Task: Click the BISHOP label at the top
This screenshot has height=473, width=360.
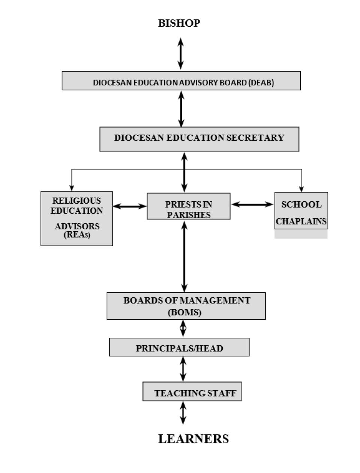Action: click(x=179, y=23)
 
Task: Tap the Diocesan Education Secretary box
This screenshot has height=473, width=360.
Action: click(x=199, y=139)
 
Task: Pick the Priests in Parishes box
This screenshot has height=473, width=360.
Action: click(x=188, y=207)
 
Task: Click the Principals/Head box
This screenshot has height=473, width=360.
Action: click(x=179, y=347)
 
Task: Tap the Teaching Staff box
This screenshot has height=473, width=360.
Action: click(x=192, y=392)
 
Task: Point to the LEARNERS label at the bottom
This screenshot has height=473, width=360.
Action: click(x=193, y=439)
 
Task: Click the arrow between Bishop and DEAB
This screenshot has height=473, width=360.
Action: click(x=180, y=54)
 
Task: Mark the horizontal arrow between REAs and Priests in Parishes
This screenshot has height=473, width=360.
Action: click(x=130, y=206)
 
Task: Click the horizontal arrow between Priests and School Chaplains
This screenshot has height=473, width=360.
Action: click(x=252, y=204)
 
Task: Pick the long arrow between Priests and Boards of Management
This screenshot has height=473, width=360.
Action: click(x=184, y=256)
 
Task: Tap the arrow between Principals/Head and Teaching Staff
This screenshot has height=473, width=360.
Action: click(x=183, y=369)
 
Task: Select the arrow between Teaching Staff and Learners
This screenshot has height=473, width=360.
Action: click(x=183, y=413)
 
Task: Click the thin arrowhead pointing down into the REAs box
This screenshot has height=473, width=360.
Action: click(x=72, y=188)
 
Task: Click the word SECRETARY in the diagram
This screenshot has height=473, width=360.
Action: click(x=255, y=138)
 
